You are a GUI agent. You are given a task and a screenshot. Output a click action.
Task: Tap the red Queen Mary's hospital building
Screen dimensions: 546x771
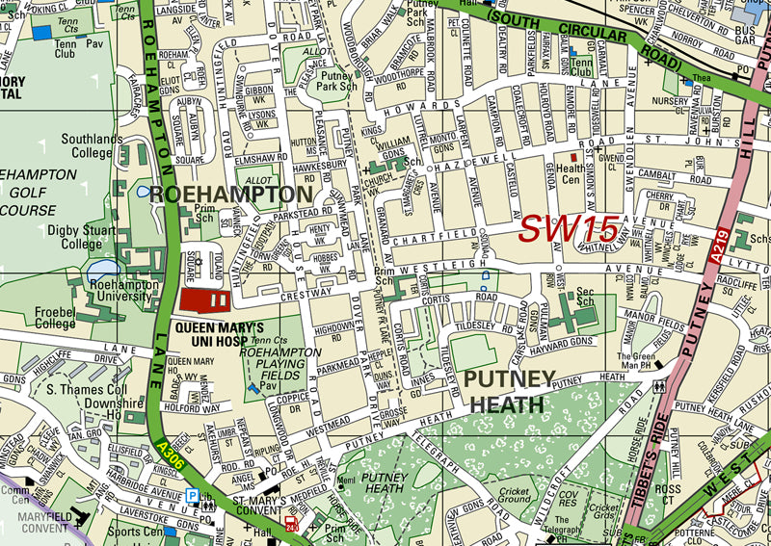tap(204, 299)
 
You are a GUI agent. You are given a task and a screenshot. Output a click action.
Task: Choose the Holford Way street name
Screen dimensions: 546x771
tap(196, 407)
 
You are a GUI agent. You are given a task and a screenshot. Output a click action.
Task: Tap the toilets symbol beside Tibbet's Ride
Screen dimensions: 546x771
tap(658, 384)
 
